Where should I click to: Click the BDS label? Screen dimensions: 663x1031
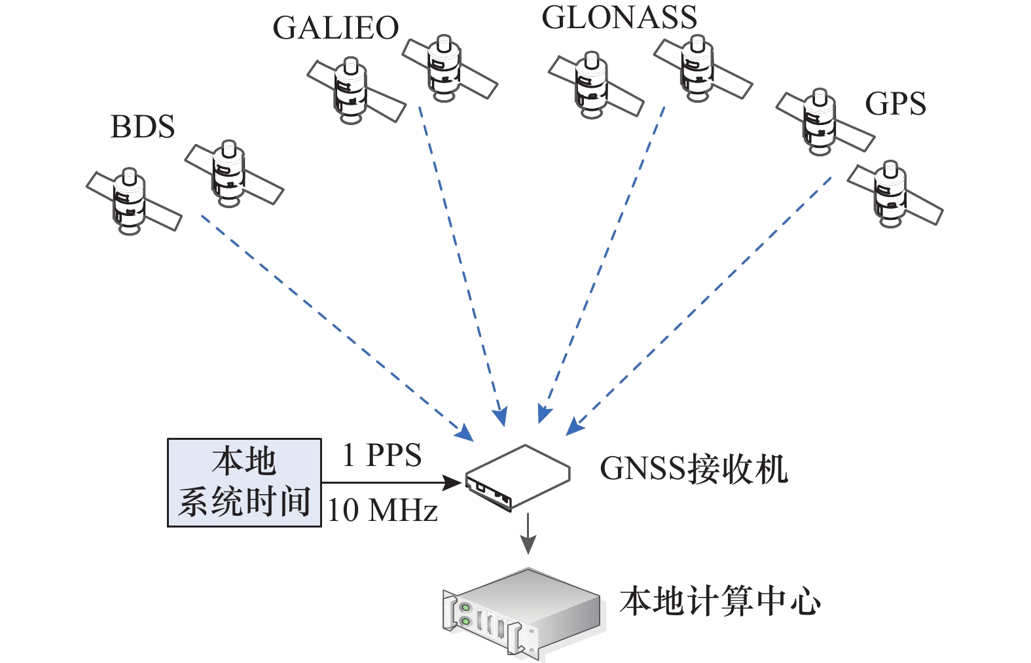click(143, 127)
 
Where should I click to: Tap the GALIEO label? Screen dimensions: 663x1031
click(335, 28)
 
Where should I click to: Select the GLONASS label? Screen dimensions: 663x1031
click(619, 18)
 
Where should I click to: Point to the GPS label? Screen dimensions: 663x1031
click(895, 103)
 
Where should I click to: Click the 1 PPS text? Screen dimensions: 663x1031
click(382, 456)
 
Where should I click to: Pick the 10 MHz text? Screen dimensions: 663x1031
click(382, 511)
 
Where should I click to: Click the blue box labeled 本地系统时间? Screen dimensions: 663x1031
click(244, 482)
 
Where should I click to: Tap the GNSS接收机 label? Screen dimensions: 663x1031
click(693, 469)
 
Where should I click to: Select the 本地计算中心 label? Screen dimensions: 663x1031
click(720, 601)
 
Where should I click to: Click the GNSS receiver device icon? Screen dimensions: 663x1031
click(517, 477)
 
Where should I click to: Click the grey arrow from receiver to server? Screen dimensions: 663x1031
click(528, 534)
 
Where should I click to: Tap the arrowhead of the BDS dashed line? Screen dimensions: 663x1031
click(465, 433)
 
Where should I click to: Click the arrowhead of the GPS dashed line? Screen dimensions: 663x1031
click(574, 427)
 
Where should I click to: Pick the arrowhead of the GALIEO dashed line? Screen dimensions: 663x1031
click(501, 417)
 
